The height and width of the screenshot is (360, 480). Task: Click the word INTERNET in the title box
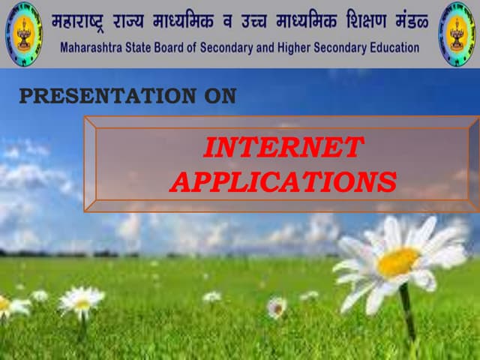click(283, 148)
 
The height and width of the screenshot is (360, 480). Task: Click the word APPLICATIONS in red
click(283, 181)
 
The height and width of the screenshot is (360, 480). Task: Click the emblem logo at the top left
click(24, 34)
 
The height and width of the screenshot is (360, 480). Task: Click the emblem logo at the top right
click(457, 34)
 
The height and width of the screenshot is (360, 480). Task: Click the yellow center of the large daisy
click(397, 262)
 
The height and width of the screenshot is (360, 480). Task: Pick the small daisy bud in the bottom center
click(277, 307)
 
